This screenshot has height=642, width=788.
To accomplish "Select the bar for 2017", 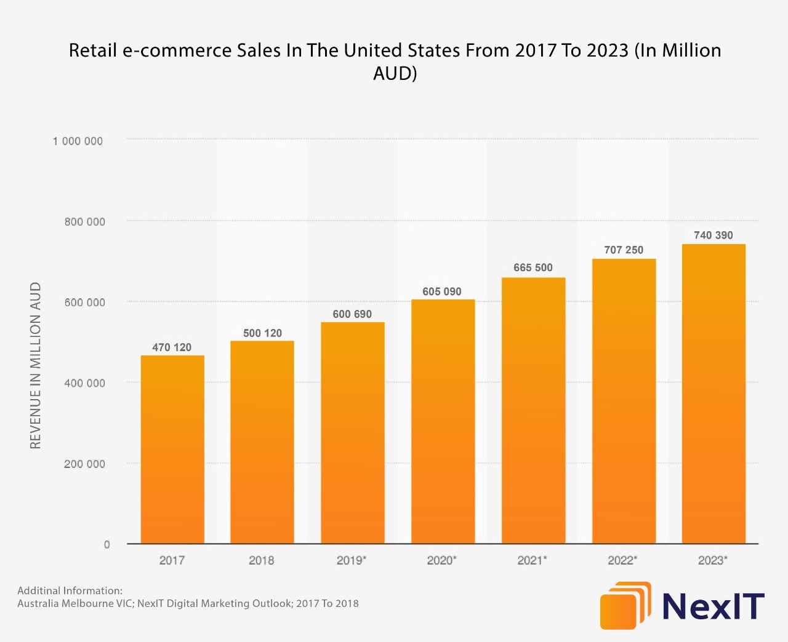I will (x=172, y=449).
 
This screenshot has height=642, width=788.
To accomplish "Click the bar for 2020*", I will (x=443, y=421).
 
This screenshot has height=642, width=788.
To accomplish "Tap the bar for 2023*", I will (x=714, y=394).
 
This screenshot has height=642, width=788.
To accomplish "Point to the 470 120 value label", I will (x=172, y=347).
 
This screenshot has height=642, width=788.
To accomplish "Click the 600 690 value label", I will (x=352, y=314).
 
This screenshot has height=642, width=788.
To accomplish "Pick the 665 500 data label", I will (x=533, y=267).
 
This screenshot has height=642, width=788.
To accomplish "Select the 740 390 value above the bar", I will (x=714, y=235).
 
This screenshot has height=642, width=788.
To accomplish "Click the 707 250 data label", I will (x=624, y=250).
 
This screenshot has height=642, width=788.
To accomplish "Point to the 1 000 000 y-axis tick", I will (x=78, y=141).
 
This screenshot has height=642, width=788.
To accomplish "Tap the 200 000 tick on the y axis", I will (x=84, y=464).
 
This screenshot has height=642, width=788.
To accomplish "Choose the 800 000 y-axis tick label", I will (x=84, y=221).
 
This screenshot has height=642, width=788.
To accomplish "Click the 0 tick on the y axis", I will (x=107, y=544).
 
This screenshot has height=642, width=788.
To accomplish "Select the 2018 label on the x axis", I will (x=262, y=560).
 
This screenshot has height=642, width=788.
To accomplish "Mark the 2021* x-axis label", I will (x=533, y=560).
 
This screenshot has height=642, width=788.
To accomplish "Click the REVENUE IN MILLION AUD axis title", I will (x=36, y=366).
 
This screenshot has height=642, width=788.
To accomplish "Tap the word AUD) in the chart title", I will (x=395, y=73).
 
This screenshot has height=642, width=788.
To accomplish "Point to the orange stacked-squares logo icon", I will (x=625, y=605).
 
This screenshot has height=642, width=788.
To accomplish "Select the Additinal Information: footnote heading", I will (x=70, y=590).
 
